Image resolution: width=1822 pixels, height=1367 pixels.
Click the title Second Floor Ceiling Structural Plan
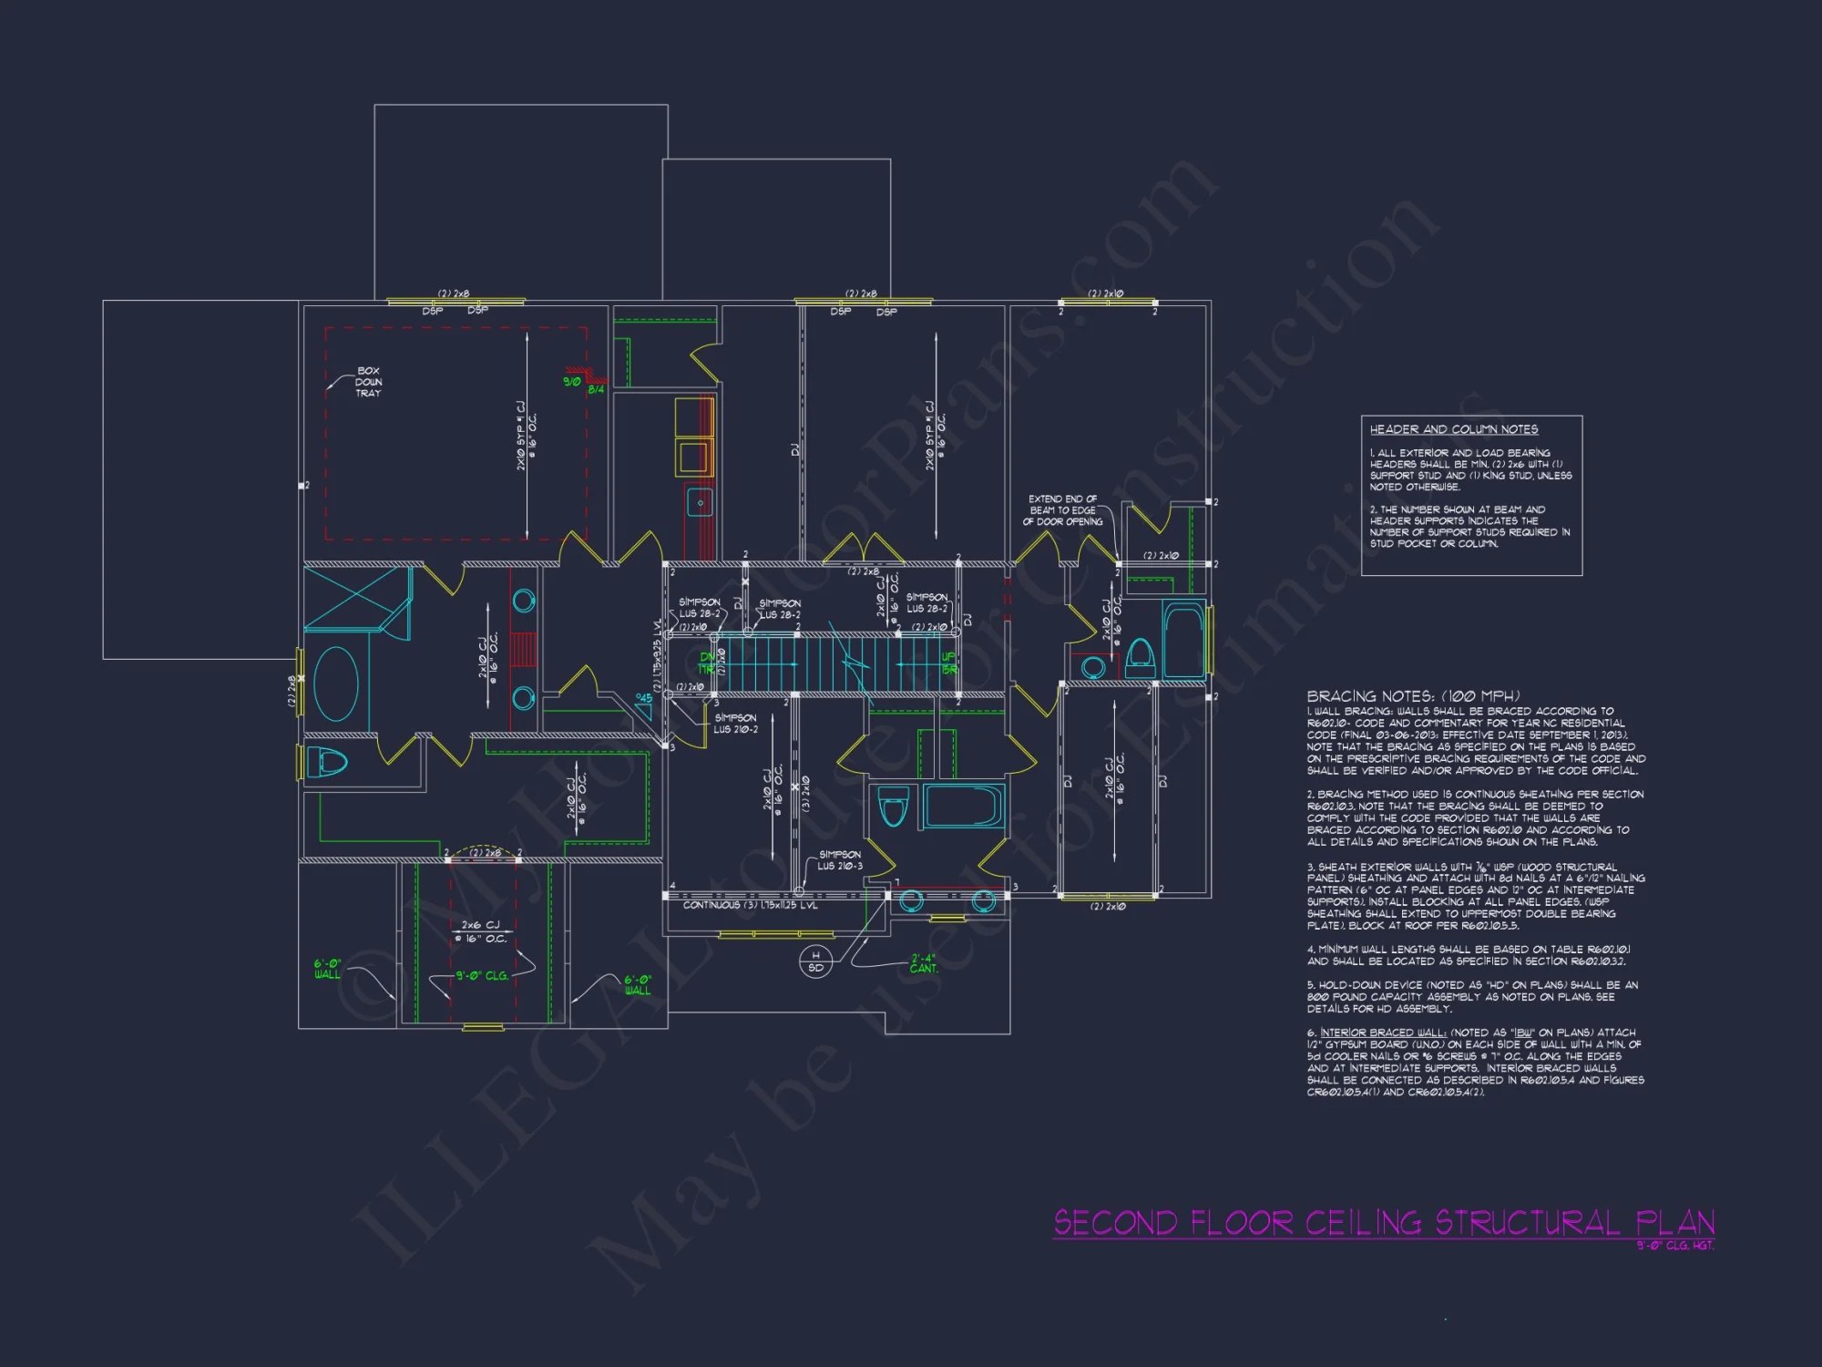click(x=1384, y=1222)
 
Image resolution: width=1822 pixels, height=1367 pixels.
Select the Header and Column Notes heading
click(x=1454, y=429)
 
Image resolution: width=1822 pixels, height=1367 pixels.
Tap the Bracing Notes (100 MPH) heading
click(x=1413, y=696)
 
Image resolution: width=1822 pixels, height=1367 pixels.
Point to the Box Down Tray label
click(x=368, y=382)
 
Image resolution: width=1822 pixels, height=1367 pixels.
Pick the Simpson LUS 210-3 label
click(x=839, y=860)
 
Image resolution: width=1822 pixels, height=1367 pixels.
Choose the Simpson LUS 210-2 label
click(x=735, y=724)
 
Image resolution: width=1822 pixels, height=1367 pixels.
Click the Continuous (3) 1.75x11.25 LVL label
click(x=750, y=905)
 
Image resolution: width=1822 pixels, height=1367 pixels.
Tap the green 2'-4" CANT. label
click(x=923, y=963)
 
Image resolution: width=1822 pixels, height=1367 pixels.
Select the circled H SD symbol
click(x=815, y=961)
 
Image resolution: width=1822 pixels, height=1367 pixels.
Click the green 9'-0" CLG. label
click(x=482, y=975)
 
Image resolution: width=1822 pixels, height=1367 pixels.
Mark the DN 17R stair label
click(x=707, y=663)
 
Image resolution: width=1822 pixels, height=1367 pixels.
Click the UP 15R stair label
click(x=948, y=663)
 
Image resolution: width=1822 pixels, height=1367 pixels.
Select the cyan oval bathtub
click(x=336, y=683)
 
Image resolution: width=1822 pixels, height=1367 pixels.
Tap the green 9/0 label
click(x=572, y=381)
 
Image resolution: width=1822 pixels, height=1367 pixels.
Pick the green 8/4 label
click(x=596, y=390)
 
